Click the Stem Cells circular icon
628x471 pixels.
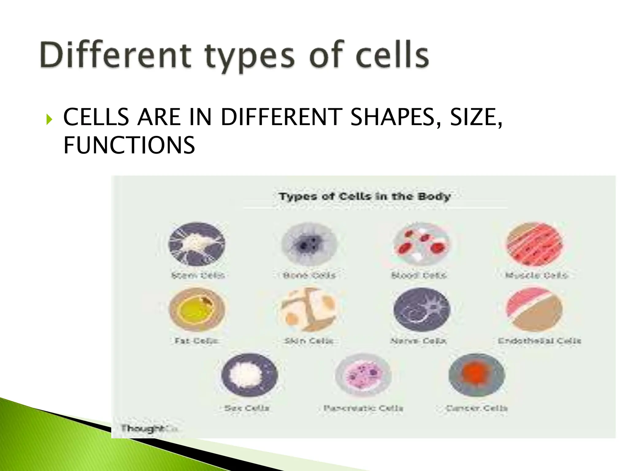click(x=197, y=244)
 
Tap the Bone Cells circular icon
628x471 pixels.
click(x=309, y=244)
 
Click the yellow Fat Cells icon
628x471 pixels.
click(x=197, y=310)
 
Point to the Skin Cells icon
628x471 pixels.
click(x=309, y=310)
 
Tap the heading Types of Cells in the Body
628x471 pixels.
click(x=365, y=196)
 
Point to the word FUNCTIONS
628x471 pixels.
click(x=129, y=145)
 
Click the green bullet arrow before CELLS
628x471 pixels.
click(x=49, y=119)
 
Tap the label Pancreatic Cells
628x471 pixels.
click(x=363, y=408)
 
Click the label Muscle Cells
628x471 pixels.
click(x=537, y=275)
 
